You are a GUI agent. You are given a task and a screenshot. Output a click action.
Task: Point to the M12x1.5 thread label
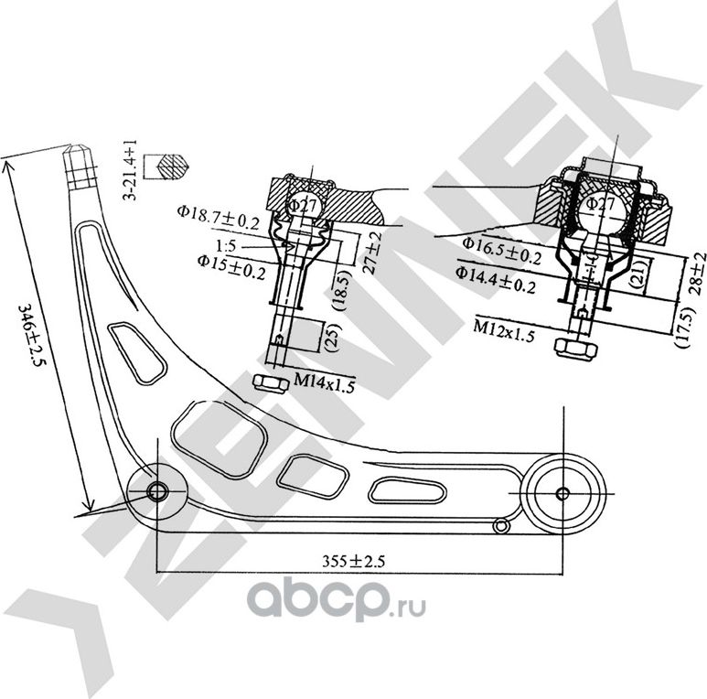pos(504,328)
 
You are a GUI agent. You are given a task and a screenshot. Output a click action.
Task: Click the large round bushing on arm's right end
pos(562,493)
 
